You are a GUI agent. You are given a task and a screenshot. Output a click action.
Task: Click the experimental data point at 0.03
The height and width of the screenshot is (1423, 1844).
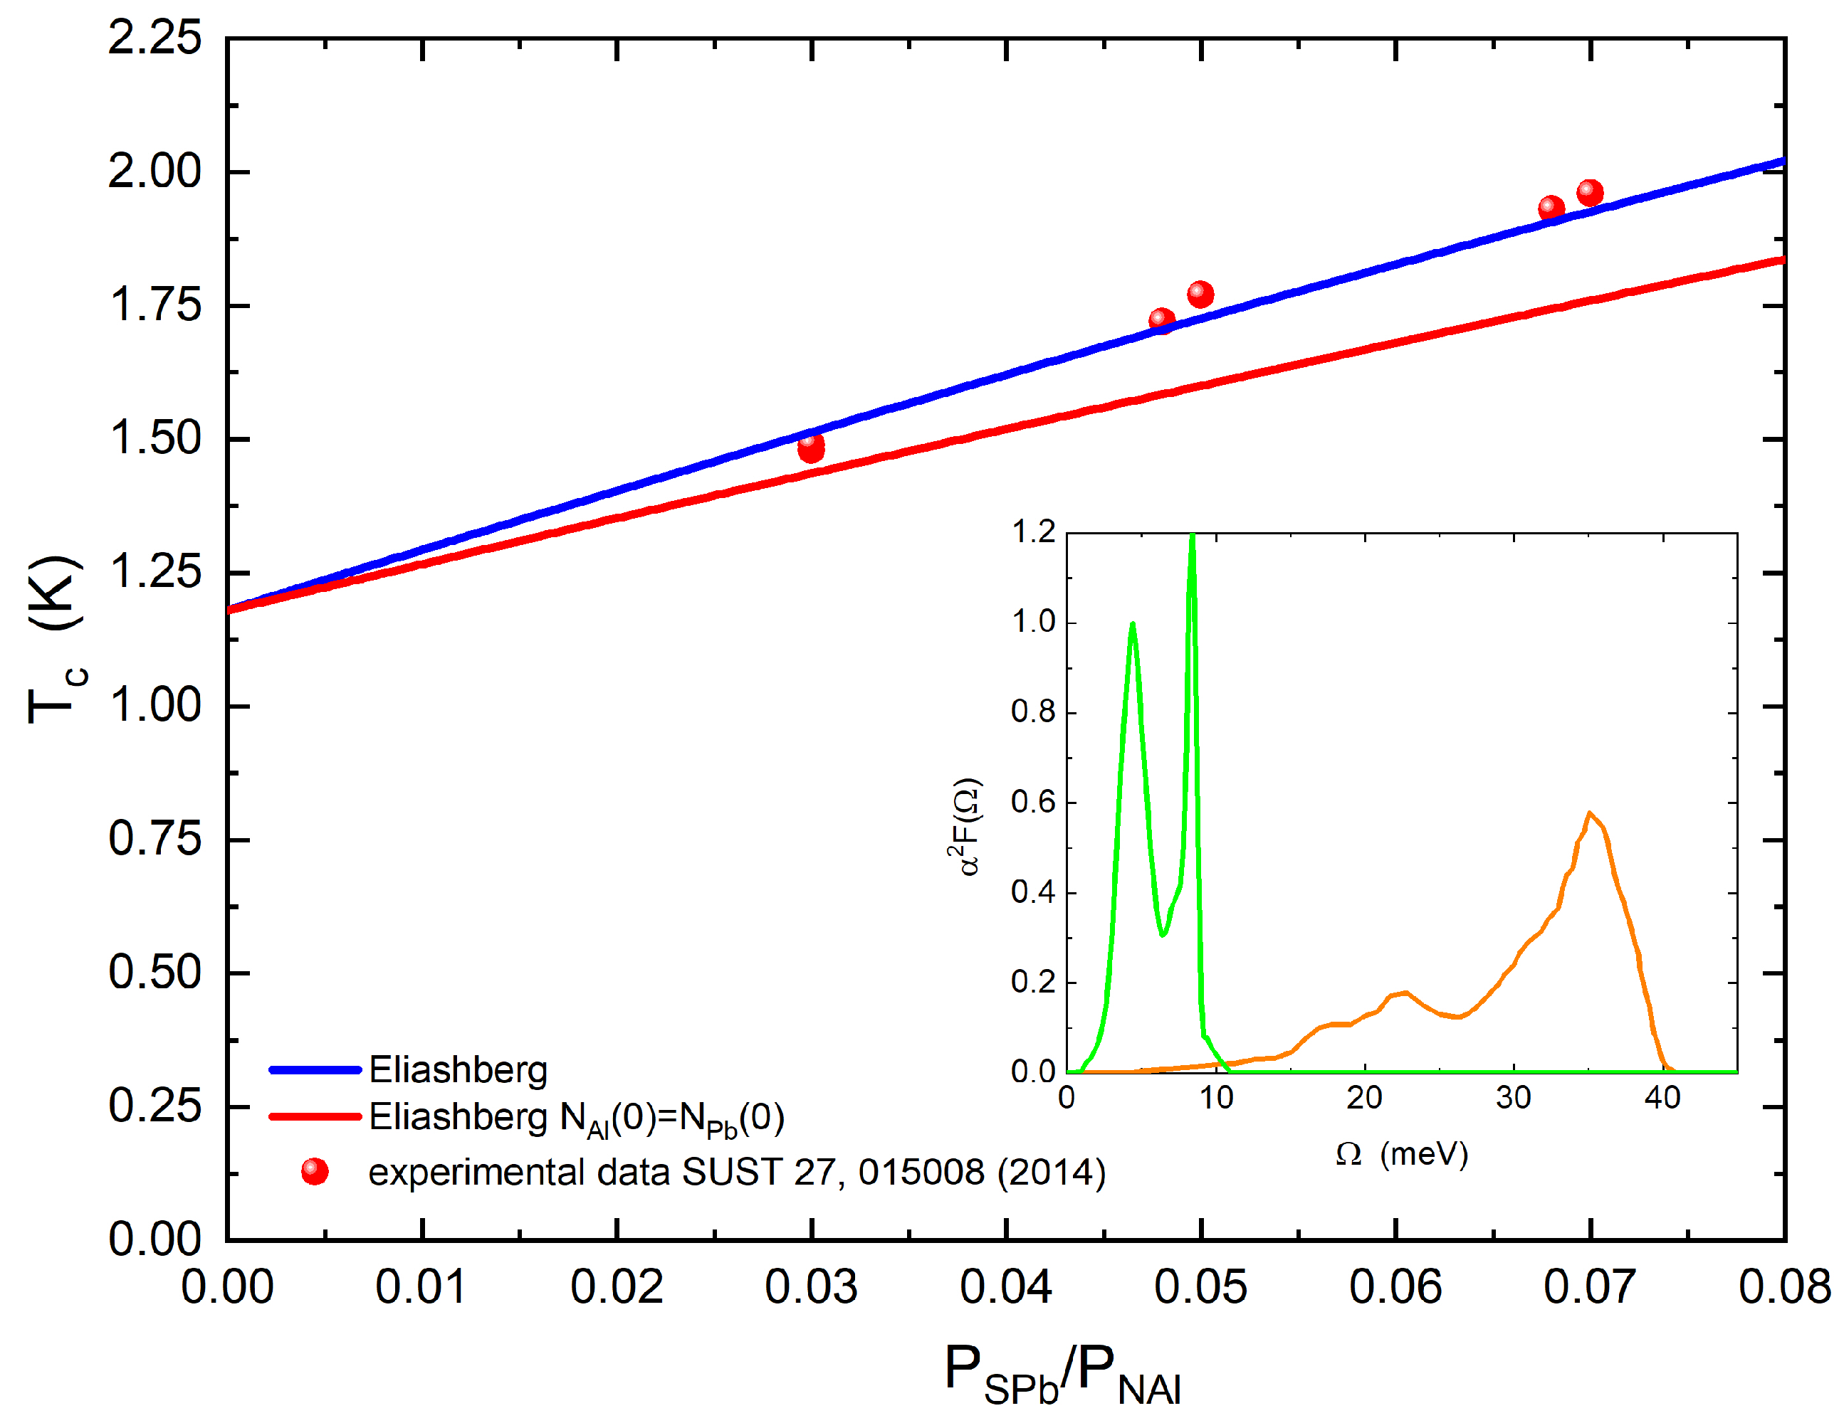[x=810, y=448]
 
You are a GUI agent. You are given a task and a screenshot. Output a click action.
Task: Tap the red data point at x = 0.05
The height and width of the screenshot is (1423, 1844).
[x=1200, y=295]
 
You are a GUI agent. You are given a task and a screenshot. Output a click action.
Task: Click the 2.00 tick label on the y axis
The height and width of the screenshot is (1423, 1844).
[x=155, y=172]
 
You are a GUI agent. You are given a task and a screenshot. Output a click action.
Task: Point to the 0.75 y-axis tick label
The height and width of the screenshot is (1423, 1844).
[x=155, y=839]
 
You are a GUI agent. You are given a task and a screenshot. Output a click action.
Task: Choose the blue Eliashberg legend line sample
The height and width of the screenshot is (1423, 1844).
[x=315, y=1070]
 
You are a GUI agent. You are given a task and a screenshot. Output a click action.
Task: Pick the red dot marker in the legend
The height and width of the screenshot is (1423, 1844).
[x=315, y=1172]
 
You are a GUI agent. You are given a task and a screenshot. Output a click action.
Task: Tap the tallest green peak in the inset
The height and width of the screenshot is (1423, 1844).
[x=1192, y=539]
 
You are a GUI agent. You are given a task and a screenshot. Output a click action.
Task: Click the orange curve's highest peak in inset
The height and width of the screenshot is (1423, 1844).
[x=1590, y=814]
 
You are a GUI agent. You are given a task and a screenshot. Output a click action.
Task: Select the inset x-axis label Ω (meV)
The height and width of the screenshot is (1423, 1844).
[x=1402, y=1154]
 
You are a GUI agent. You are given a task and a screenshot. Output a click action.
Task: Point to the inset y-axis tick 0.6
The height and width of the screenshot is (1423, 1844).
[x=1034, y=803]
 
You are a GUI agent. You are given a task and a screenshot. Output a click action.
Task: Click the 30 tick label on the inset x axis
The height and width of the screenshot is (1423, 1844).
[x=1513, y=1098]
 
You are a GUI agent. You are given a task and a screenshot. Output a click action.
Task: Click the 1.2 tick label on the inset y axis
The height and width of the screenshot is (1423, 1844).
[x=1034, y=533]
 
